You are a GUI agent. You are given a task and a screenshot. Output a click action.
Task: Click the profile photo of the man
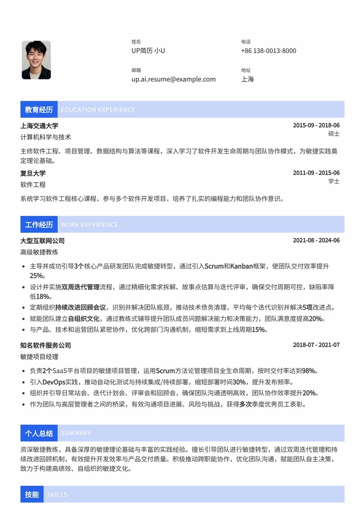[36, 60]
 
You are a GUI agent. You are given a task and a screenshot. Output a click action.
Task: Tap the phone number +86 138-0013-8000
[269, 51]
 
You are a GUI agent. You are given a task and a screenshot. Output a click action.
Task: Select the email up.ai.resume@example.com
[173, 79]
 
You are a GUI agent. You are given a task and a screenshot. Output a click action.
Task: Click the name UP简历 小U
[148, 51]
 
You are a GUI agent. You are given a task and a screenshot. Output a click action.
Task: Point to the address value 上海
[247, 79]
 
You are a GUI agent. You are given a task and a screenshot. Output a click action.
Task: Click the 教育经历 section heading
[39, 110]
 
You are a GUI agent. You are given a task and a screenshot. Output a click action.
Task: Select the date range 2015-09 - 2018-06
[316, 125]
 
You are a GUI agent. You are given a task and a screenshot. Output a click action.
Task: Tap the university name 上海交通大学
[39, 126]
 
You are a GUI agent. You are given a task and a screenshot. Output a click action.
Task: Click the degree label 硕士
[334, 134]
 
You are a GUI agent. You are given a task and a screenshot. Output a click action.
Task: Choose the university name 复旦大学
[33, 173]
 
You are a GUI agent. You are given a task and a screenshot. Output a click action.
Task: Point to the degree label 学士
[334, 181]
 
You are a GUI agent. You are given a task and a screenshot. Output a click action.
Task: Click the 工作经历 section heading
[39, 225]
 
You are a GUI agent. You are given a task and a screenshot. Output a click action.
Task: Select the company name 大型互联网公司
[42, 241]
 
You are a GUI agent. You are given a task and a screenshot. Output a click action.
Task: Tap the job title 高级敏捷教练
[39, 252]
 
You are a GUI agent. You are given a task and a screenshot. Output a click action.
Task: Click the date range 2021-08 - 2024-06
[316, 241]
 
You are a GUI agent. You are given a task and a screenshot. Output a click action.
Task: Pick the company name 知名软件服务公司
[45, 345]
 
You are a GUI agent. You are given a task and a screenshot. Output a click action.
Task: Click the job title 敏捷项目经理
[39, 356]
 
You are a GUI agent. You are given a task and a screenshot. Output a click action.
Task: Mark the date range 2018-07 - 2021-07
[316, 345]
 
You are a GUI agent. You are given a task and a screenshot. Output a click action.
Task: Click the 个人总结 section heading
[39, 433]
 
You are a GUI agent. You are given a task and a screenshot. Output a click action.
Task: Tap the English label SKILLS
[57, 495]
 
